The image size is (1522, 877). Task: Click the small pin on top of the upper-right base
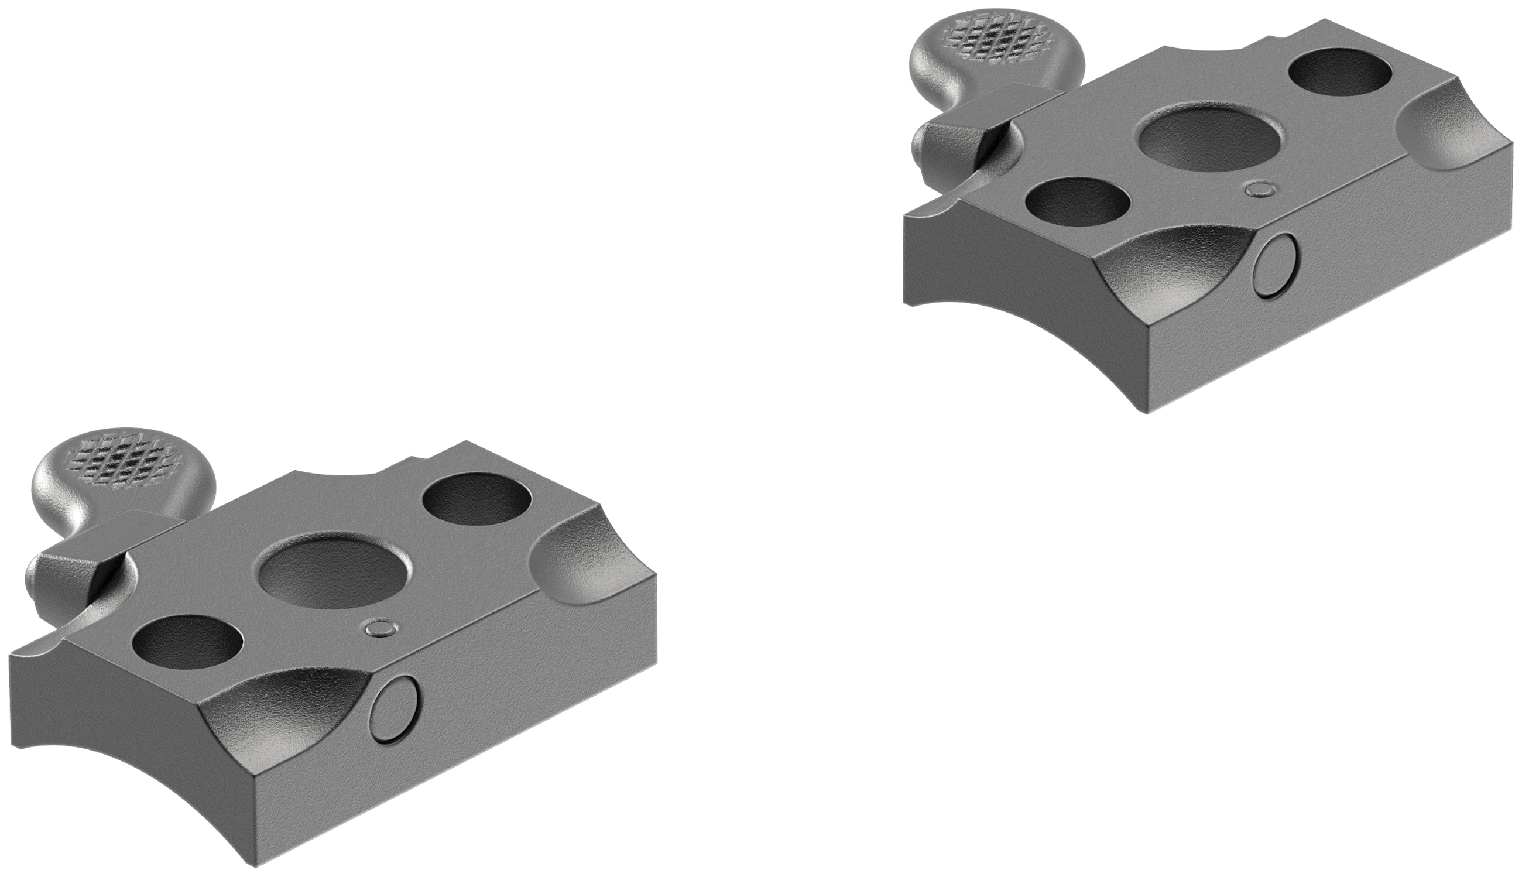click(x=1260, y=190)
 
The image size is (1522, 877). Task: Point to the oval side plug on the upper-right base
click(x=1276, y=266)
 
